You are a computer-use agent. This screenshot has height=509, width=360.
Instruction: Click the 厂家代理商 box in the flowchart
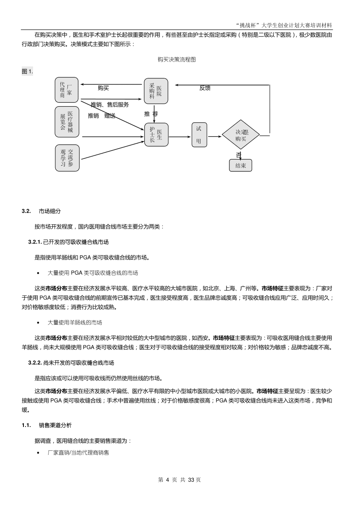[x=67, y=90]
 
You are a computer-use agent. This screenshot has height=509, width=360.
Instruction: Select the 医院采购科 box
[x=156, y=90]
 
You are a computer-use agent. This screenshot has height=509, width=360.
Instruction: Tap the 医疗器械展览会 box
[x=67, y=122]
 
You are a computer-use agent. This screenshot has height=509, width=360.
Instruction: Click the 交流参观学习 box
[x=67, y=157]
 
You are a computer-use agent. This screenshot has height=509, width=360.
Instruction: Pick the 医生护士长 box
[x=156, y=134]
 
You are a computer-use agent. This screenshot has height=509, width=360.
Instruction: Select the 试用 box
[x=199, y=135]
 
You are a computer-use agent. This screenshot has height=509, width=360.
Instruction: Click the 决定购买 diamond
[x=241, y=135]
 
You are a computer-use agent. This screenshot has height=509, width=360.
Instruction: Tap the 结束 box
[x=241, y=165]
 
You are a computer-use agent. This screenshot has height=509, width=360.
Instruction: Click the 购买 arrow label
[x=103, y=88]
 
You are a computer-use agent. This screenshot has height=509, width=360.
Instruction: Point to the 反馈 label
[x=205, y=88]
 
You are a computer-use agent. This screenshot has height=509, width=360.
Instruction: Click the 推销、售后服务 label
[x=110, y=105]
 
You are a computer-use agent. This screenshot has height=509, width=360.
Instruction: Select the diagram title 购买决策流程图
[x=177, y=59]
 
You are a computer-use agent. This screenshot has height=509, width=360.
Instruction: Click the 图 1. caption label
[x=27, y=72]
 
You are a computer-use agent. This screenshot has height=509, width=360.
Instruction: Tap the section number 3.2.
[x=26, y=211]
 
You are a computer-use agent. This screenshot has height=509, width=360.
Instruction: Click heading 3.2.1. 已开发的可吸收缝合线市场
[x=71, y=242]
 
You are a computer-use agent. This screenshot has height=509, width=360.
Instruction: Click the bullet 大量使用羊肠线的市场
[x=75, y=322]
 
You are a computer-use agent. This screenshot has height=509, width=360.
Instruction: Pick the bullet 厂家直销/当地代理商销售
[x=78, y=453]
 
